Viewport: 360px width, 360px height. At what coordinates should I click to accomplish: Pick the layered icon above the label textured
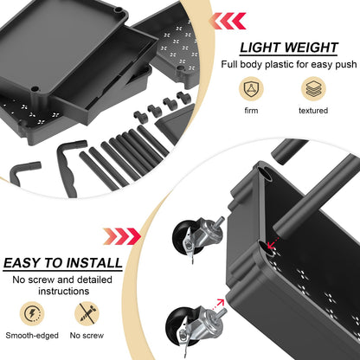312,89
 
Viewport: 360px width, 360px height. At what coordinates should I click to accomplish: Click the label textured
312,112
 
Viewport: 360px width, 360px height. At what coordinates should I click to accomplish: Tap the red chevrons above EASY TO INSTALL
120,236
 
